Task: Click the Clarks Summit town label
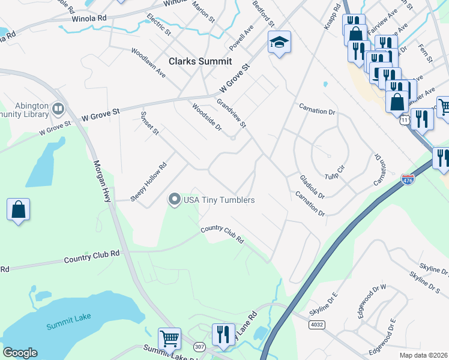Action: point(200,61)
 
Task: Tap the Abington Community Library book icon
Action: point(58,109)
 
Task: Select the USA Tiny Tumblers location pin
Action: point(175,199)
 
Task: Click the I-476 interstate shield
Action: point(408,179)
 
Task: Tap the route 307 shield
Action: point(199,347)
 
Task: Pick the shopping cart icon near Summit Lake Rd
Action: point(170,338)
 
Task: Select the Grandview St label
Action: point(232,113)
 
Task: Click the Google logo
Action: point(20,353)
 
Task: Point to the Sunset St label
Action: point(149,122)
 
